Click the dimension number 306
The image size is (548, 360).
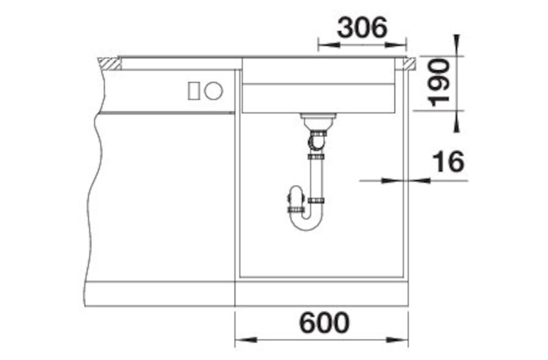point(362,28)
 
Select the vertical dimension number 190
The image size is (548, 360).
point(439,82)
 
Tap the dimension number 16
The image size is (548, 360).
point(449,162)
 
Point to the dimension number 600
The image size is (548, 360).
point(324,322)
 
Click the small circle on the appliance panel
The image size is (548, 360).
point(214,91)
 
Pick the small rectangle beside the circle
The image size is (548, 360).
point(194,91)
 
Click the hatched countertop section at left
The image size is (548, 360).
point(109,64)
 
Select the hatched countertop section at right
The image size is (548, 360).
point(409,64)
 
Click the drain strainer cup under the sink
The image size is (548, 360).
point(318,122)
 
